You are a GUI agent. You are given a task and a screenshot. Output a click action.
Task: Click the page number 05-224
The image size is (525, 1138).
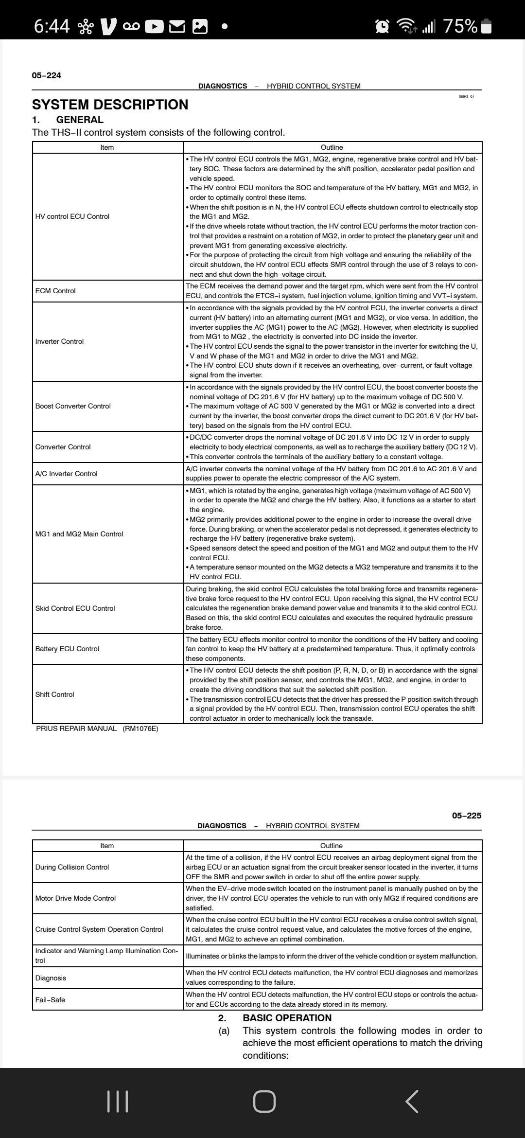pyautogui.click(x=47, y=75)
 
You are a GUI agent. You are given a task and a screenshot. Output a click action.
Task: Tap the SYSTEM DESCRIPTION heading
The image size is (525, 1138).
pyautogui.click(x=110, y=105)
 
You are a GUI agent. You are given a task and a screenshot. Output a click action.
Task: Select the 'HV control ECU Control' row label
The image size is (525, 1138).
pyautogui.click(x=72, y=216)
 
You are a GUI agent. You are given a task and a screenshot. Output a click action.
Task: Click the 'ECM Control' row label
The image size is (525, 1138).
pyautogui.click(x=55, y=291)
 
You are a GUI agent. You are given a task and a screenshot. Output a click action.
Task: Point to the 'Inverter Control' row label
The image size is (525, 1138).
pyautogui.click(x=59, y=341)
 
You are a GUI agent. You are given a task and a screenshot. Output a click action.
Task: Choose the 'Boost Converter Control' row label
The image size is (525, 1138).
pyautogui.click(x=73, y=406)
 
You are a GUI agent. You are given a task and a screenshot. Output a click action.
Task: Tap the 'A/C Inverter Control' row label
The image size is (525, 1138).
pyautogui.click(x=66, y=474)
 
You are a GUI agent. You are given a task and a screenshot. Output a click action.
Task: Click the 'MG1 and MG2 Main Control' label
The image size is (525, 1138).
pyautogui.click(x=79, y=534)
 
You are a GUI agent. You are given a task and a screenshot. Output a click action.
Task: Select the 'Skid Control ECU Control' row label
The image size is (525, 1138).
pyautogui.click(x=75, y=608)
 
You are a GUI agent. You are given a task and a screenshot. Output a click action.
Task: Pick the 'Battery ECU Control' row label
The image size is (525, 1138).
pyautogui.click(x=67, y=649)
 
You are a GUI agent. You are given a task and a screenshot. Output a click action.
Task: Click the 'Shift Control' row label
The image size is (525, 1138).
pyautogui.click(x=54, y=694)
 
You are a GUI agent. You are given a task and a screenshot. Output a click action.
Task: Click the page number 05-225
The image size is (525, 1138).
pyautogui.click(x=466, y=816)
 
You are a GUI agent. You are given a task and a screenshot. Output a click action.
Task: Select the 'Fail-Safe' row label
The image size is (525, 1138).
pyautogui.click(x=50, y=1000)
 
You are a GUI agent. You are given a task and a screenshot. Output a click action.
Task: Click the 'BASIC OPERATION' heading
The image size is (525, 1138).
pyautogui.click(x=287, y=1018)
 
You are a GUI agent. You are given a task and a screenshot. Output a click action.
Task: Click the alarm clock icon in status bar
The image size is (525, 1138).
pyautogui.click(x=383, y=26)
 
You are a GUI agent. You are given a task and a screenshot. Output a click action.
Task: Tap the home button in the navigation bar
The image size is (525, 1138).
pyautogui.click(x=264, y=1102)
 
